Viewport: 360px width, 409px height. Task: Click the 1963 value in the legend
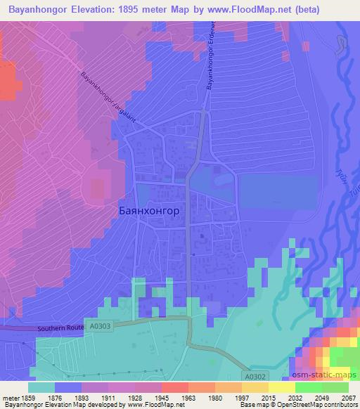189,398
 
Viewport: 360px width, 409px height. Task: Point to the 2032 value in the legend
296,398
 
